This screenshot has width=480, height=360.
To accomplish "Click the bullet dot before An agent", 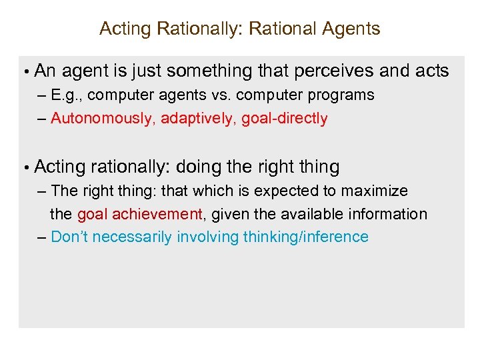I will coord(24,72).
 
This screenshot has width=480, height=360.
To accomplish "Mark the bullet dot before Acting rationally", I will coord(24,167).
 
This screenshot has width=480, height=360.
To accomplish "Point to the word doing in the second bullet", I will coord(196,167).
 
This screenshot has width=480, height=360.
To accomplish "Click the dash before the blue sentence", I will coord(42,237).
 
